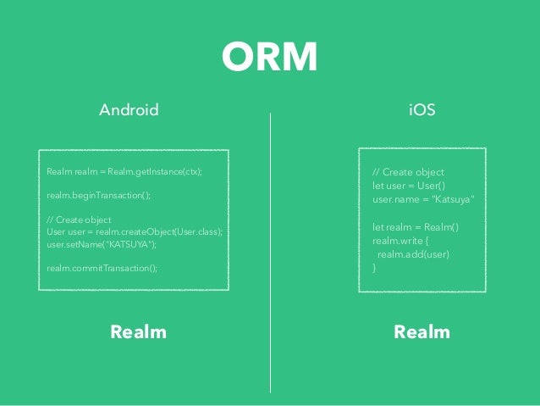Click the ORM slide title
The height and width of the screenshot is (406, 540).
click(x=269, y=58)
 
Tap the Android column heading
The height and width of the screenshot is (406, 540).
click(x=129, y=110)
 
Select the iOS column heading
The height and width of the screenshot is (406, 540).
click(x=422, y=110)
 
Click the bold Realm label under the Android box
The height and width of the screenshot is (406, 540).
click(x=138, y=332)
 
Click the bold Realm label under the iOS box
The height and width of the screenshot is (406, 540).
click(x=422, y=332)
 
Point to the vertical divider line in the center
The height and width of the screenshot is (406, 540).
click(x=270, y=254)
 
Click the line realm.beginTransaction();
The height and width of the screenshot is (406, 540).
click(x=98, y=195)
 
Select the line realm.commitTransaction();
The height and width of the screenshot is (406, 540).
click(x=102, y=268)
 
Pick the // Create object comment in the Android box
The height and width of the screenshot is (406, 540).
click(x=80, y=220)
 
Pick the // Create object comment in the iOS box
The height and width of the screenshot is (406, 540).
click(x=408, y=173)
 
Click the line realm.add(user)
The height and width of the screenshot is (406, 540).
click(x=413, y=253)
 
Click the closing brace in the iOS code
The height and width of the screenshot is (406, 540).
click(x=374, y=267)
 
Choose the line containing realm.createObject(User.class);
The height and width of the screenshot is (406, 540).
click(x=134, y=231)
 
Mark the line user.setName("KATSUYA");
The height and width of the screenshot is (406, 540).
click(x=102, y=244)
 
